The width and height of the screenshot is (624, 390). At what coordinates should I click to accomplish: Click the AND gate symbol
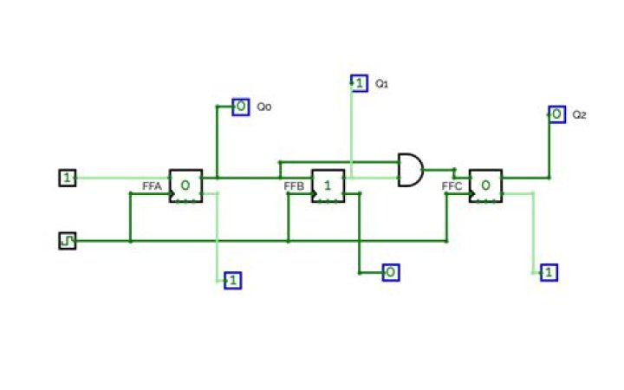point(411,170)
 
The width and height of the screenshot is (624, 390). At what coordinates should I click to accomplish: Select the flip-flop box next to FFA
point(185,185)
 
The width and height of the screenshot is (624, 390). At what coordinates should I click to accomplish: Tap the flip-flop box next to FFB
point(328,185)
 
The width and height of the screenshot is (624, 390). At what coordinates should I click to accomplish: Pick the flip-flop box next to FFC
point(485,185)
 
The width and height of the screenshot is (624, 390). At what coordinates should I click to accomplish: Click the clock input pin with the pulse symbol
point(68,241)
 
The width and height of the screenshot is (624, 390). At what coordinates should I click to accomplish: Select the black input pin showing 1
point(68,178)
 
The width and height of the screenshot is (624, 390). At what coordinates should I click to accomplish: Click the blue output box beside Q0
point(241,107)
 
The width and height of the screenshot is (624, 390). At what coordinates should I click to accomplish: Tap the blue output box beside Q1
point(360,83)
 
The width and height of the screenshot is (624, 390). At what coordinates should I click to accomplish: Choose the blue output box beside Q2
point(556,114)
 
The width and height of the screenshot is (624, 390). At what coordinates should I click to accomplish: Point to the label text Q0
point(264,107)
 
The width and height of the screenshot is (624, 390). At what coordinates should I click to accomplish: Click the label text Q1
point(382,83)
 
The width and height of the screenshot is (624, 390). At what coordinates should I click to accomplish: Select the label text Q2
point(580,115)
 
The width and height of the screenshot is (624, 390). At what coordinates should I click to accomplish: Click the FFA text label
point(152,185)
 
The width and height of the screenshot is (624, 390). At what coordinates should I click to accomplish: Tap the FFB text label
point(294,185)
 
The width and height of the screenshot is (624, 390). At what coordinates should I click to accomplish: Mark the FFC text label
point(452,185)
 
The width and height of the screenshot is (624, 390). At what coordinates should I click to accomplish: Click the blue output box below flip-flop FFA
point(233,280)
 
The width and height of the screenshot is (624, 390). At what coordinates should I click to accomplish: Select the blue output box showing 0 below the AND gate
point(391,273)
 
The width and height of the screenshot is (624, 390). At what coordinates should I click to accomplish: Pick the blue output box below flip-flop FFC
point(549,273)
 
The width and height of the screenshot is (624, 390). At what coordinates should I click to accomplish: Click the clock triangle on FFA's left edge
point(172,194)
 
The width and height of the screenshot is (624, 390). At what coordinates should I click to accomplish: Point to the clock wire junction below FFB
point(289,241)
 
